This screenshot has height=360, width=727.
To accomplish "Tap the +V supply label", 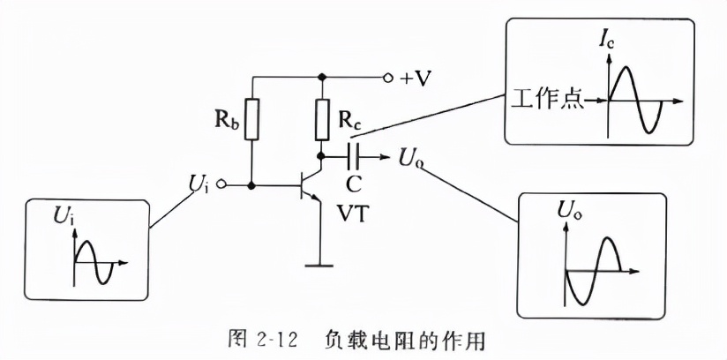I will (416, 79).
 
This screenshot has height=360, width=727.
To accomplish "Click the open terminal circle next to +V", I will (386, 77).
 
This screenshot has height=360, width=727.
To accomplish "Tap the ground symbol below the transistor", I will (322, 263).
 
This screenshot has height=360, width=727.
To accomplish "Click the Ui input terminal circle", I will (222, 186).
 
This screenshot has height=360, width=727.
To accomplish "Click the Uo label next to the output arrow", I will (410, 159).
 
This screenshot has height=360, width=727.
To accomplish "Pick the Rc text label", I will (350, 123).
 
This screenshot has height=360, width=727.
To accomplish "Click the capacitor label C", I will (355, 185).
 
